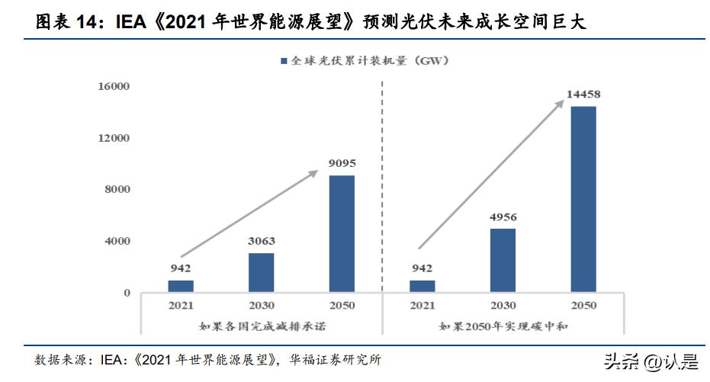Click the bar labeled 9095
[x=341, y=233]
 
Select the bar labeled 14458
[x=583, y=199]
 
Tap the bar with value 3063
[x=261, y=272]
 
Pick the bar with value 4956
[x=502, y=260]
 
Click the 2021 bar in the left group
[x=181, y=286]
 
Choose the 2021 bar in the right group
[x=422, y=286]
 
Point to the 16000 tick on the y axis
[x=114, y=87]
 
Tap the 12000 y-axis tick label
[x=114, y=138]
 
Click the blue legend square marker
[x=284, y=60]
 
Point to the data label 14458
[x=583, y=95]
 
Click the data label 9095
[x=342, y=163]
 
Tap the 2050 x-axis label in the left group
[x=341, y=307]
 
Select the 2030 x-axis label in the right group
[x=502, y=307]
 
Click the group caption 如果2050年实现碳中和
[x=502, y=326]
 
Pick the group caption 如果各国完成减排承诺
[x=260, y=326]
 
